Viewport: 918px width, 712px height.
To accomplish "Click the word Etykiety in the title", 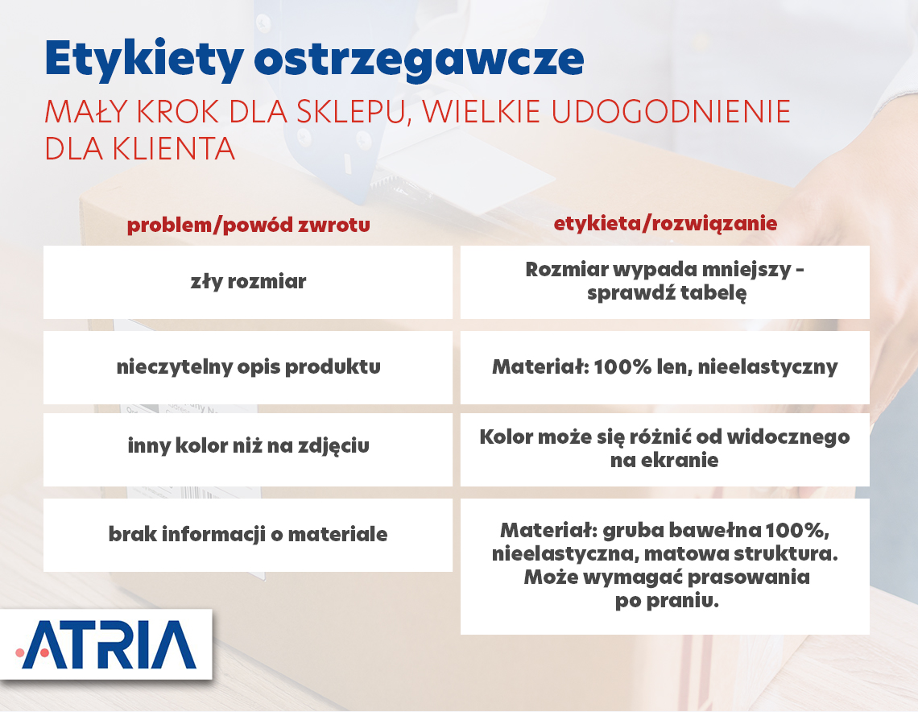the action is click(145, 60).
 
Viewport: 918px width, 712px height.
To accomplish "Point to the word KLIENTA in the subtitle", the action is click(173, 149).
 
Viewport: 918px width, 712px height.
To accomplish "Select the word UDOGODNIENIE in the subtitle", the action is click(671, 112).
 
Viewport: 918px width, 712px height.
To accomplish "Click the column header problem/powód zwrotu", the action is click(248, 225).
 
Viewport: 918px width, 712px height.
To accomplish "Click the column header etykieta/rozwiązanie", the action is click(665, 223).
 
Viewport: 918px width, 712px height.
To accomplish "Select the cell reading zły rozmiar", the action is click(248, 282).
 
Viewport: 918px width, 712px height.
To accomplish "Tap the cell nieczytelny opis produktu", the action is click(248, 367).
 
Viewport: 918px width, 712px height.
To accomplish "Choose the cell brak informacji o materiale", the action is click(248, 535).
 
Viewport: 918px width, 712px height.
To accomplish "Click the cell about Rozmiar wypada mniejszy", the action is click(664, 282).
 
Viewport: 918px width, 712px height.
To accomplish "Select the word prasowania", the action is click(749, 577).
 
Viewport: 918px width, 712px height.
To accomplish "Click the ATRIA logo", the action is click(106, 644).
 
